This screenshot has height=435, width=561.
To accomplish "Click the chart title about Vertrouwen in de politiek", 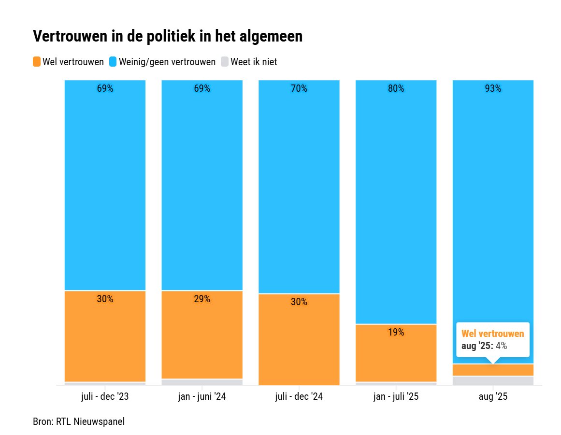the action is click(x=167, y=37).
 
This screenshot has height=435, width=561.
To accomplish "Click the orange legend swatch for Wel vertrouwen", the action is click(x=37, y=62).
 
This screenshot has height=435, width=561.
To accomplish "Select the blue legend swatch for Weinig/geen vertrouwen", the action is click(x=113, y=62).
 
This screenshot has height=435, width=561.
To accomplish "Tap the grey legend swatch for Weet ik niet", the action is click(x=225, y=62).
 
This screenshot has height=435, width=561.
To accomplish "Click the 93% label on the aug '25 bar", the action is click(x=492, y=88).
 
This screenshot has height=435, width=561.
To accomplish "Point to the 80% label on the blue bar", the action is click(x=396, y=88).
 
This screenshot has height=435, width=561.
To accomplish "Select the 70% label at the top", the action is click(x=299, y=88).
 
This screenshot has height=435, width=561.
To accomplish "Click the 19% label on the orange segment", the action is click(x=396, y=332).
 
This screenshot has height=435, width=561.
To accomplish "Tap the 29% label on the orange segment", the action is click(x=201, y=299).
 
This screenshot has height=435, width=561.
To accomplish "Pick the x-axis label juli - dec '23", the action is click(x=105, y=397).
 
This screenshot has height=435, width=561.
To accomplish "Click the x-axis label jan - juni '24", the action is click(x=201, y=397).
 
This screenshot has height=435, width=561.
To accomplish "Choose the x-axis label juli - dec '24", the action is click(x=299, y=397).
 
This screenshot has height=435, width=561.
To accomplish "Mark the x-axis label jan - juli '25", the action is click(x=396, y=397).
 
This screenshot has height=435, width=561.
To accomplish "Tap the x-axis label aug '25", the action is click(x=492, y=397).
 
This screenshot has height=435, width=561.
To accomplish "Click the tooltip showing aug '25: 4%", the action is click(x=492, y=339).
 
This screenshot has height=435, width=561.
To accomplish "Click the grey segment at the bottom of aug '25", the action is click(x=492, y=380).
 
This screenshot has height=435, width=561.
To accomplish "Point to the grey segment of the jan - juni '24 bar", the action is click(x=201, y=382).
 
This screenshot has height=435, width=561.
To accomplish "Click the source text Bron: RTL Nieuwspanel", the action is click(x=79, y=421).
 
